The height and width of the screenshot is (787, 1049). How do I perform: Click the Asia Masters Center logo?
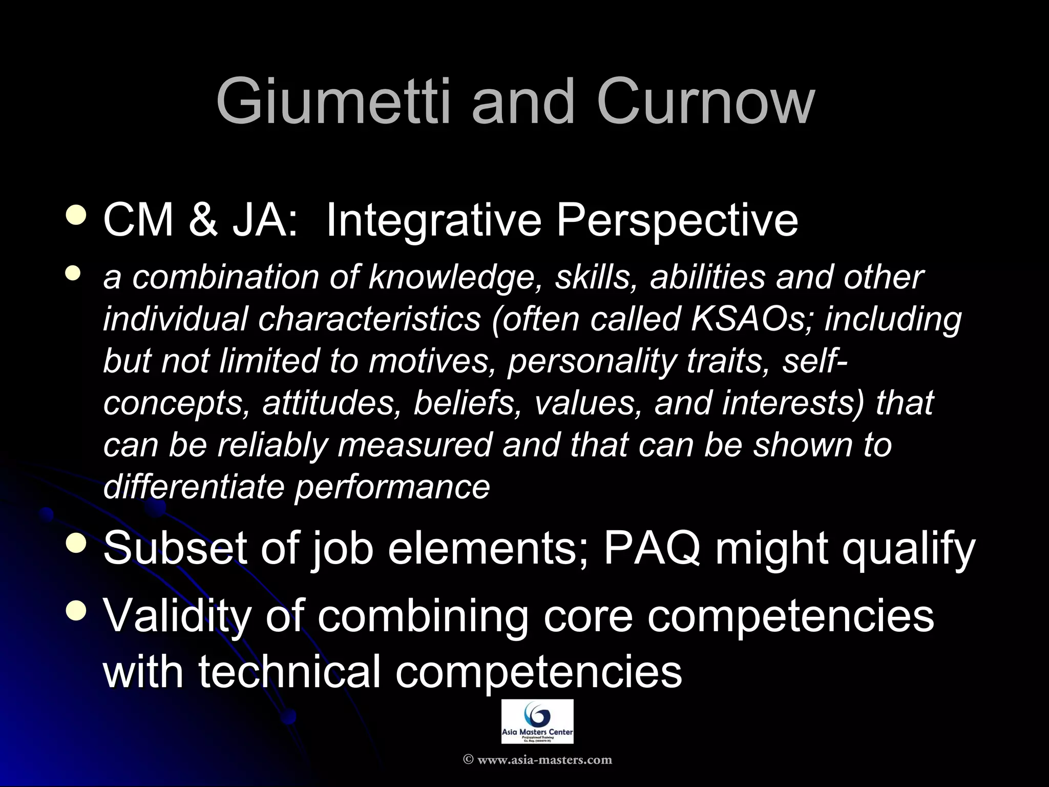tap(537, 721)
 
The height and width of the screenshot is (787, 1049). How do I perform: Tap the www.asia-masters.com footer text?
tap(537, 759)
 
